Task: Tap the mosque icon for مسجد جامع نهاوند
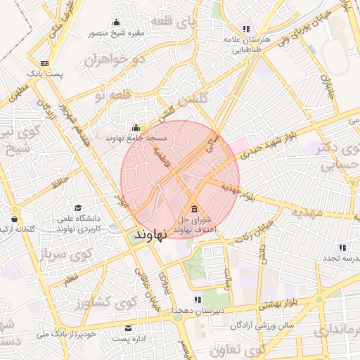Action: [x=136, y=128]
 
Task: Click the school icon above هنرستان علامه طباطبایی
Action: [x=246, y=29]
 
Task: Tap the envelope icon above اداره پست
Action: [x=128, y=328]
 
